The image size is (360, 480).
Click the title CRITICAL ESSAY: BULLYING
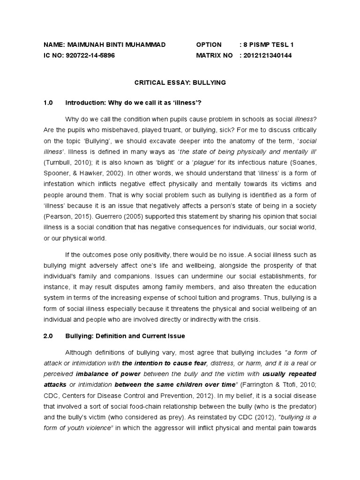pyautogui.click(x=180, y=82)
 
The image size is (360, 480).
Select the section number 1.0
pyautogui.click(x=49, y=103)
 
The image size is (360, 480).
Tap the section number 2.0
pyautogui.click(x=49, y=336)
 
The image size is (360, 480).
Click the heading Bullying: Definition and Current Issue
pyautogui.click(x=125, y=336)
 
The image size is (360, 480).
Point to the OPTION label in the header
pyautogui.click(x=209, y=45)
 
